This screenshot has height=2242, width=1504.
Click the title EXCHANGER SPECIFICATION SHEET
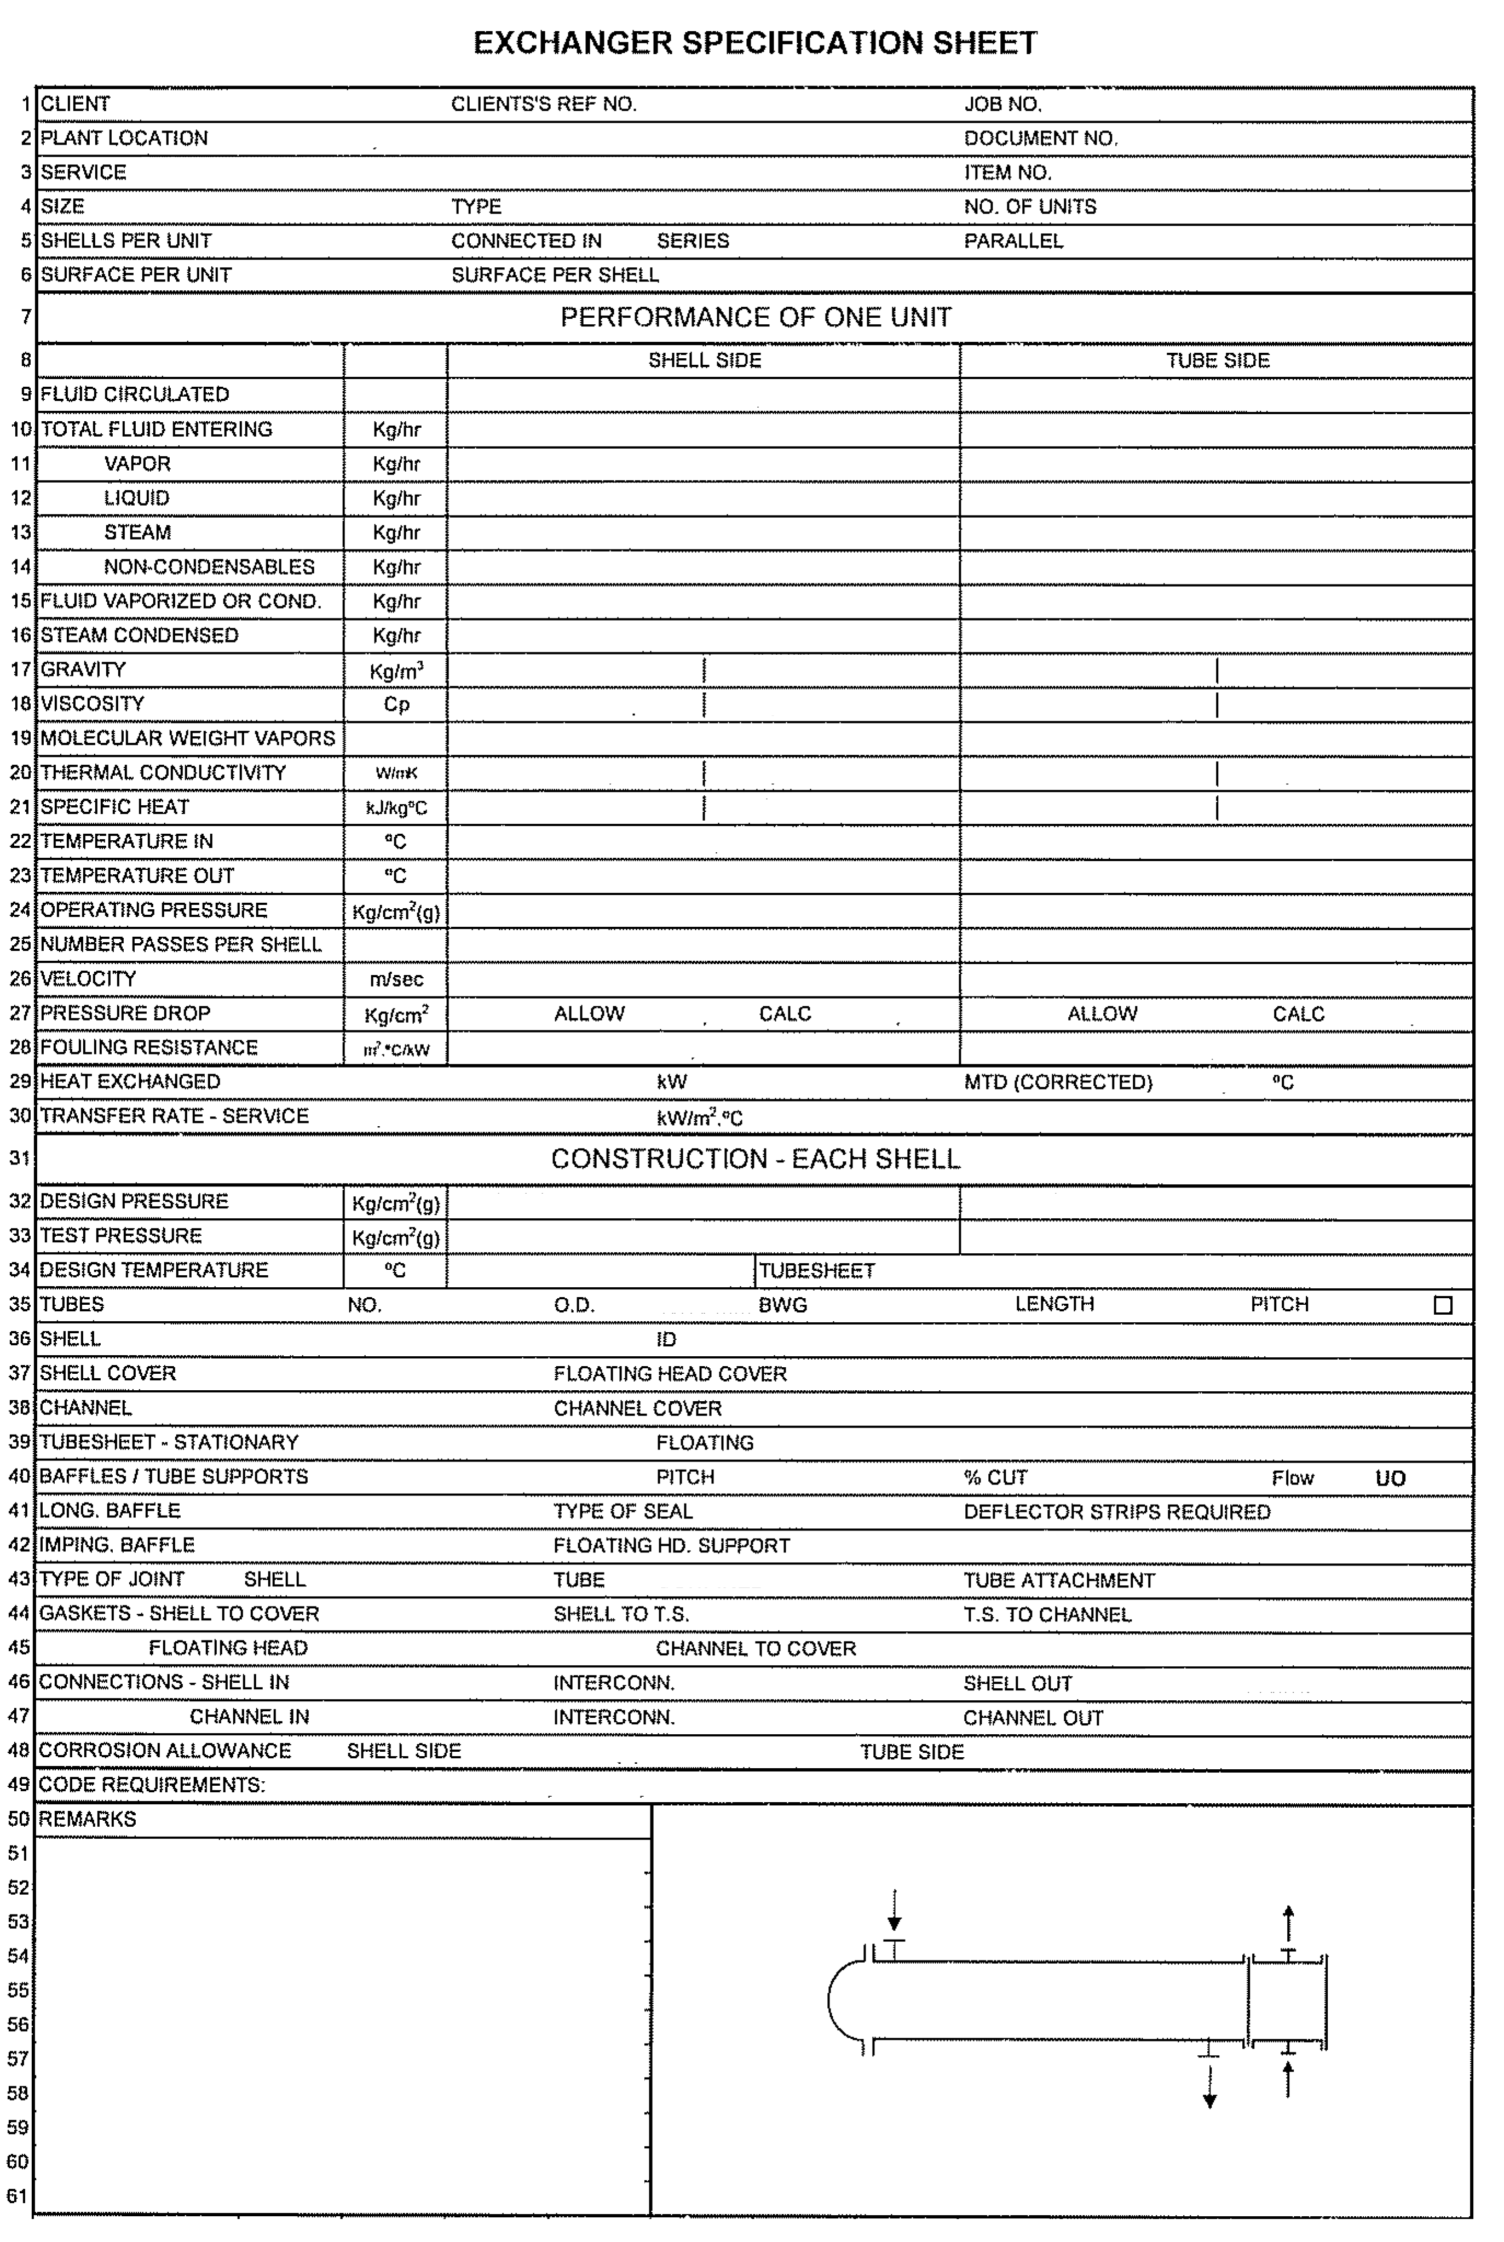point(755,43)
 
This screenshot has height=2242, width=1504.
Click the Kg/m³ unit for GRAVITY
point(396,670)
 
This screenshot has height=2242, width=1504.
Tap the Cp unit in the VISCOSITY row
point(396,704)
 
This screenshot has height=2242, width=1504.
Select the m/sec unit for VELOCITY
point(396,979)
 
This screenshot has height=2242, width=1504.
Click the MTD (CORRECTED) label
point(1058,1082)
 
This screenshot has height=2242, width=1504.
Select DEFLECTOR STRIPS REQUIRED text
point(1116,1512)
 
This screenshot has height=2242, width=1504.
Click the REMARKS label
point(87,1819)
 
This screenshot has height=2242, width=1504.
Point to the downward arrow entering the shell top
point(894,1909)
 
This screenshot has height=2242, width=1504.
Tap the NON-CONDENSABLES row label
point(209,567)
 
